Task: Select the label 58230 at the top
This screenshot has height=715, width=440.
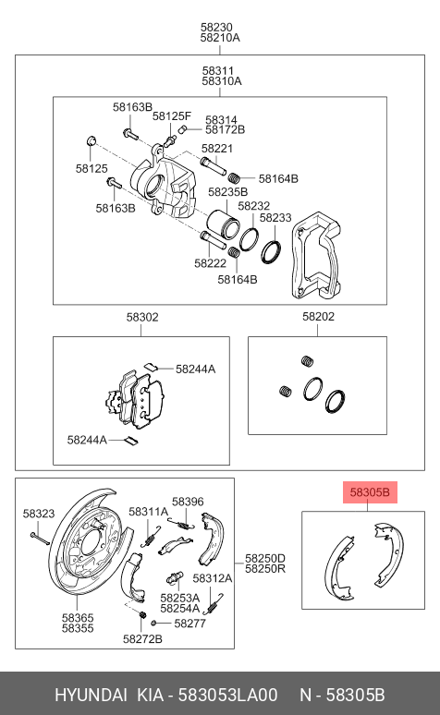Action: coord(219,27)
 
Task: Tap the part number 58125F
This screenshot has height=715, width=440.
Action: coord(172,116)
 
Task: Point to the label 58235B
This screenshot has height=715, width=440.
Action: coord(227,192)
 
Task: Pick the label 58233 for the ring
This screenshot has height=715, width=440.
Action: coord(275,218)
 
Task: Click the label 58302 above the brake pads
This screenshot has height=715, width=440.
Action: coord(142,317)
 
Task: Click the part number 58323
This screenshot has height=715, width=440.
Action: coord(39,513)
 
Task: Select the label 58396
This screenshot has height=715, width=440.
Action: coord(188,502)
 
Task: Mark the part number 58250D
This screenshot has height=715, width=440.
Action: coord(265,558)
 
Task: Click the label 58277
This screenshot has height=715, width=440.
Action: coord(189,624)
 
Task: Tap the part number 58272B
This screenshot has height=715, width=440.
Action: coord(142,638)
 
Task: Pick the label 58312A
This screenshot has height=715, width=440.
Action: coord(213,578)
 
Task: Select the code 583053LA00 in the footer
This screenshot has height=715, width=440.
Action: coord(226,695)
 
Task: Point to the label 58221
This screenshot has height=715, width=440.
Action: coord(217,148)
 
